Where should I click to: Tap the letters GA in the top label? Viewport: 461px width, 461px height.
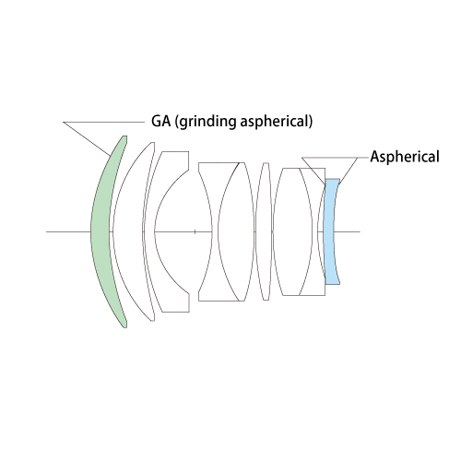[160, 121]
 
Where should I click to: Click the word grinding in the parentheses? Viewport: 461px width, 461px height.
[207, 122]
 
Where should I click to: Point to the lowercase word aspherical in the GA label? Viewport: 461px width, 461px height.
[274, 122]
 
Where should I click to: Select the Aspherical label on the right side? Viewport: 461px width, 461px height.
[405, 157]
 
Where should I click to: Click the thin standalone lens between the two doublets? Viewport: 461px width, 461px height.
[264, 231]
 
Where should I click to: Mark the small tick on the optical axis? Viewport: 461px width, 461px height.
[195, 231]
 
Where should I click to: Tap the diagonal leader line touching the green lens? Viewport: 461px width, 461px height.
[87, 139]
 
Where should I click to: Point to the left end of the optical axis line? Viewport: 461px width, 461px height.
[46, 231]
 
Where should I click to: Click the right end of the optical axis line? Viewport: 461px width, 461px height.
[360, 231]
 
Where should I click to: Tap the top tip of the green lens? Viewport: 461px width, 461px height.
[124, 136]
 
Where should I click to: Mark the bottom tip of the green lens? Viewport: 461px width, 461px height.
[124, 327]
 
